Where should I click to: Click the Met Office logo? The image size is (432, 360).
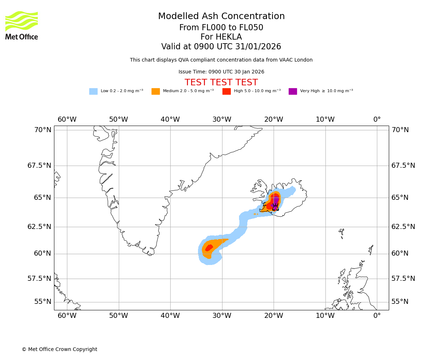coord(22,25)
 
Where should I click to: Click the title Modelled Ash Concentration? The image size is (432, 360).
coord(221,16)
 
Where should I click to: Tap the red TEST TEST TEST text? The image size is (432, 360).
coord(221,82)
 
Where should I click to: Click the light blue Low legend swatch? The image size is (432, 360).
coord(93,91)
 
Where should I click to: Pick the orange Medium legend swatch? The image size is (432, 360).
coord(156,91)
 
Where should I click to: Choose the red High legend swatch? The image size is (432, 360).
coord(226,91)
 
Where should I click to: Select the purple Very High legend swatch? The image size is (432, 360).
coord(293,91)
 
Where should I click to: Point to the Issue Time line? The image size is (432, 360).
coord(221,72)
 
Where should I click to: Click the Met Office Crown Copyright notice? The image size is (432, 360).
coord(59,349)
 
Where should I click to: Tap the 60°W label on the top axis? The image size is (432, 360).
coord(67,120)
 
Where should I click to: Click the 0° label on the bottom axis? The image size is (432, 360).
coord(377,316)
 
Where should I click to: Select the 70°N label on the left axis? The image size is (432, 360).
coord(43,130)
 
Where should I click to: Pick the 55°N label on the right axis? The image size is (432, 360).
coord(400,302)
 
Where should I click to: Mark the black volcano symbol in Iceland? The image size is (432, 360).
coord(275,207)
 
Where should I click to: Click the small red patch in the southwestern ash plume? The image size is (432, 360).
coord(209,248)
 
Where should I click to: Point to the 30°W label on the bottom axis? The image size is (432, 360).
coord(222,316)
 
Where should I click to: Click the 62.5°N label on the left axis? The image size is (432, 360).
coord(40,227)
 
